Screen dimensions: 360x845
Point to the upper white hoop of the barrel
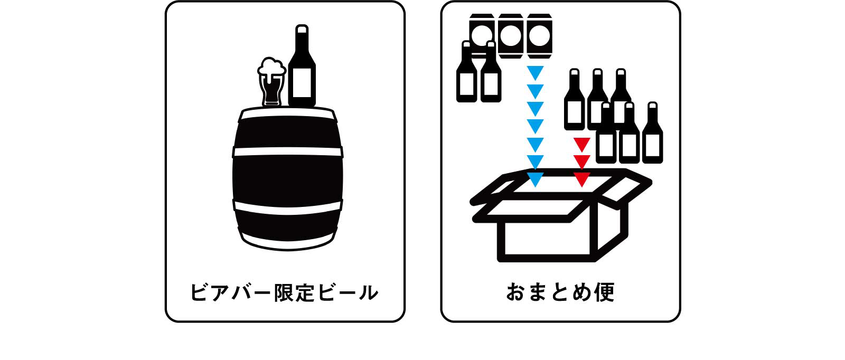(x=288, y=151)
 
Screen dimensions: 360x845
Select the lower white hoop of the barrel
(x=288, y=207)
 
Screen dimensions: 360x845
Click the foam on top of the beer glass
(x=271, y=67)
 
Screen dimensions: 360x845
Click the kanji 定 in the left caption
(x=306, y=292)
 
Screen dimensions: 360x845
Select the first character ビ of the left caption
(x=200, y=292)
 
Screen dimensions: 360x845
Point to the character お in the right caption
(x=515, y=292)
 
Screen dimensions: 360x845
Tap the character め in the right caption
(x=581, y=292)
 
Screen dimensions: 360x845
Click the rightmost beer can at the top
(x=540, y=36)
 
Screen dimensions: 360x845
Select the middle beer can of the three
(x=511, y=36)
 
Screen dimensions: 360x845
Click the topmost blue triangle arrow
(x=535, y=72)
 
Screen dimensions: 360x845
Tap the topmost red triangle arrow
(x=581, y=144)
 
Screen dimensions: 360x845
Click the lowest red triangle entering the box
(x=581, y=179)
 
